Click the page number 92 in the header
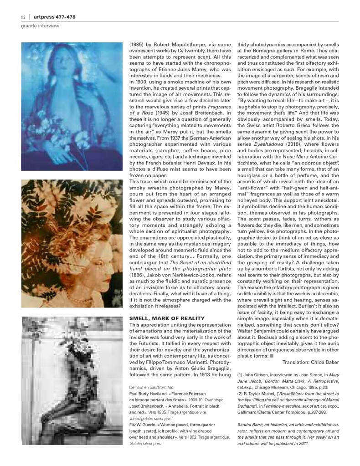(x=23, y=17)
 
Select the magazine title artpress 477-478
(x=55, y=17)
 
